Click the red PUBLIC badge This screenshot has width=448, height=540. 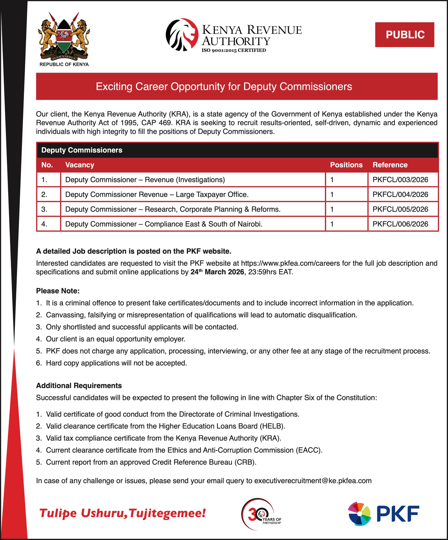404,35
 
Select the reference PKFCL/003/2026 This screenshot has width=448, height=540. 400,180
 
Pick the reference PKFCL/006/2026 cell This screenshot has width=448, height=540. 400,224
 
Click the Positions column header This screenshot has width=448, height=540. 346,165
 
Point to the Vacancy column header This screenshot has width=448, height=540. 79,165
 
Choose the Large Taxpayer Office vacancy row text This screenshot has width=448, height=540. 157,195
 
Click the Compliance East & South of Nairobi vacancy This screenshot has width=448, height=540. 164,224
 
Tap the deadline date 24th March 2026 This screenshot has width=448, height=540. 217,272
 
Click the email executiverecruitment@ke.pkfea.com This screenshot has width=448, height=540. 313,481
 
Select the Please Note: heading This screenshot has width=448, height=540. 58,291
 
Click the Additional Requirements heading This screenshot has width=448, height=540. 79,385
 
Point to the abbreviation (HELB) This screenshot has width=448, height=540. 273,426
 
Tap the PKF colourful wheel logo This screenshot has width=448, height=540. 359,514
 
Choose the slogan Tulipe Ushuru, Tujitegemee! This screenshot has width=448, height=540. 122,513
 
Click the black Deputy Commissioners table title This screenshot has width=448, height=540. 81,150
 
